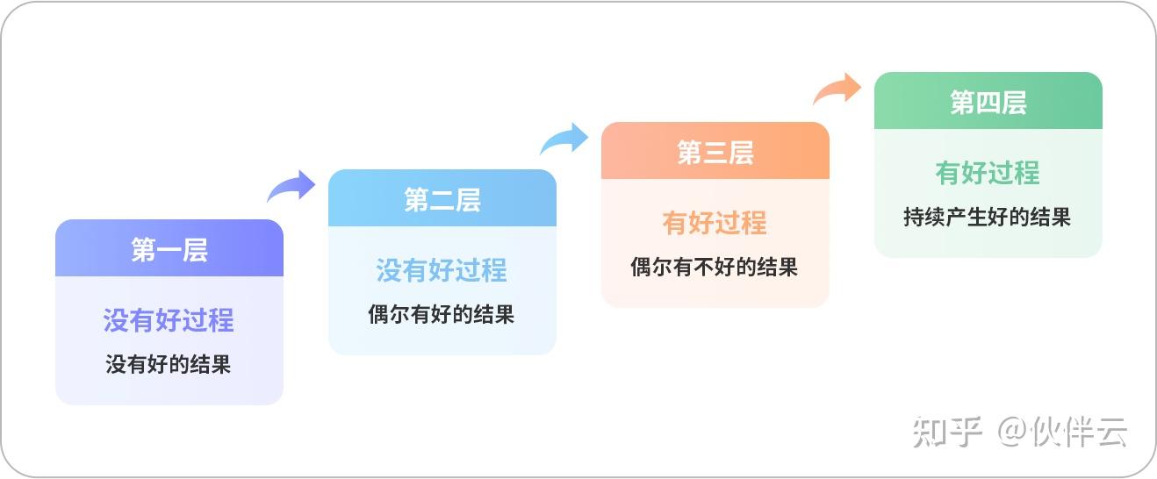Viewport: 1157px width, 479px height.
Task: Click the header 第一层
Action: (169, 250)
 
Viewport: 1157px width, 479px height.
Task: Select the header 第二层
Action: (442, 200)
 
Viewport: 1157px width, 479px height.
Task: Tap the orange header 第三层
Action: (715, 153)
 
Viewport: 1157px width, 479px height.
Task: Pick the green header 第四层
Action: (988, 102)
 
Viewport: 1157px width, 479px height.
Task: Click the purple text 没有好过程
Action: (169, 320)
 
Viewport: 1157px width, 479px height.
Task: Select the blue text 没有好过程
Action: (442, 270)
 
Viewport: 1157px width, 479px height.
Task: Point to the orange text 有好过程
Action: (715, 223)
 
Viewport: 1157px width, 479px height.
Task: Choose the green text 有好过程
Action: (988, 173)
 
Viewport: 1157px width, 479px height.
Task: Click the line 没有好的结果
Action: (169, 364)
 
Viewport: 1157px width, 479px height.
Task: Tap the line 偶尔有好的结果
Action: (442, 314)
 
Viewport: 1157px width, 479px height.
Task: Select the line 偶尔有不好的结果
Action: (715, 268)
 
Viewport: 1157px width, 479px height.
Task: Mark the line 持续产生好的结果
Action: (987, 217)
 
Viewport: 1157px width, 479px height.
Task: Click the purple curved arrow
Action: (291, 185)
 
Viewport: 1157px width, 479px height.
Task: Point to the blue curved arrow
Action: (564, 138)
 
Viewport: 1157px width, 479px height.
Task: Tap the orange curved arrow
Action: (837, 89)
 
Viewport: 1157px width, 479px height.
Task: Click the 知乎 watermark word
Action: (947, 433)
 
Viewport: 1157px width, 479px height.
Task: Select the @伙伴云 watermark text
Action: (1062, 433)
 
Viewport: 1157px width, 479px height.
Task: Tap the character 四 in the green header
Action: (988, 102)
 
